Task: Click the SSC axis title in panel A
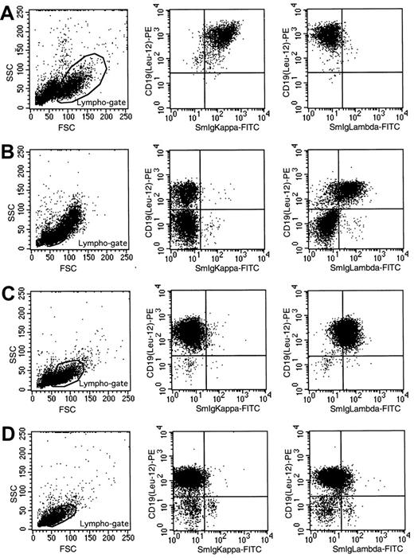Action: click(x=6, y=71)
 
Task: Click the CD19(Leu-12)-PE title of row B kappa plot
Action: click(x=151, y=197)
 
